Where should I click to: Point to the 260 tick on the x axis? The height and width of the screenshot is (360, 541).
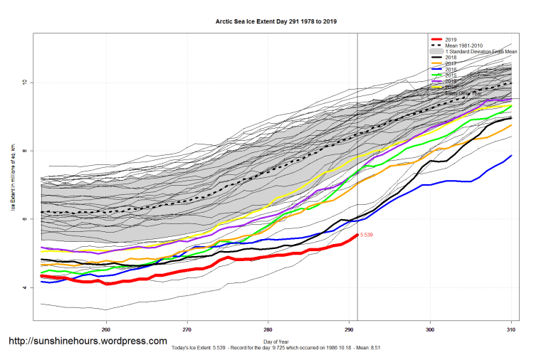[x=106, y=329]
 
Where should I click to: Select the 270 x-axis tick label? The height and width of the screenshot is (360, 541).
[x=187, y=329]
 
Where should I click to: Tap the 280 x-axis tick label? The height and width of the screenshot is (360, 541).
[x=268, y=329]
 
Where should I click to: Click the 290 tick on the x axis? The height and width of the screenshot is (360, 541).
[x=349, y=329]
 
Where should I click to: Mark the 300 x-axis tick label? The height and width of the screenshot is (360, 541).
[x=430, y=329]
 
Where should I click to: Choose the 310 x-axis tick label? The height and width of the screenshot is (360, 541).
[x=510, y=329]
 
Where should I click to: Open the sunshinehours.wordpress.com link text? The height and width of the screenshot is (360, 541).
[x=88, y=342]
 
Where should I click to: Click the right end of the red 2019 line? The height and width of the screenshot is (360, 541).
[x=356, y=235]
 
